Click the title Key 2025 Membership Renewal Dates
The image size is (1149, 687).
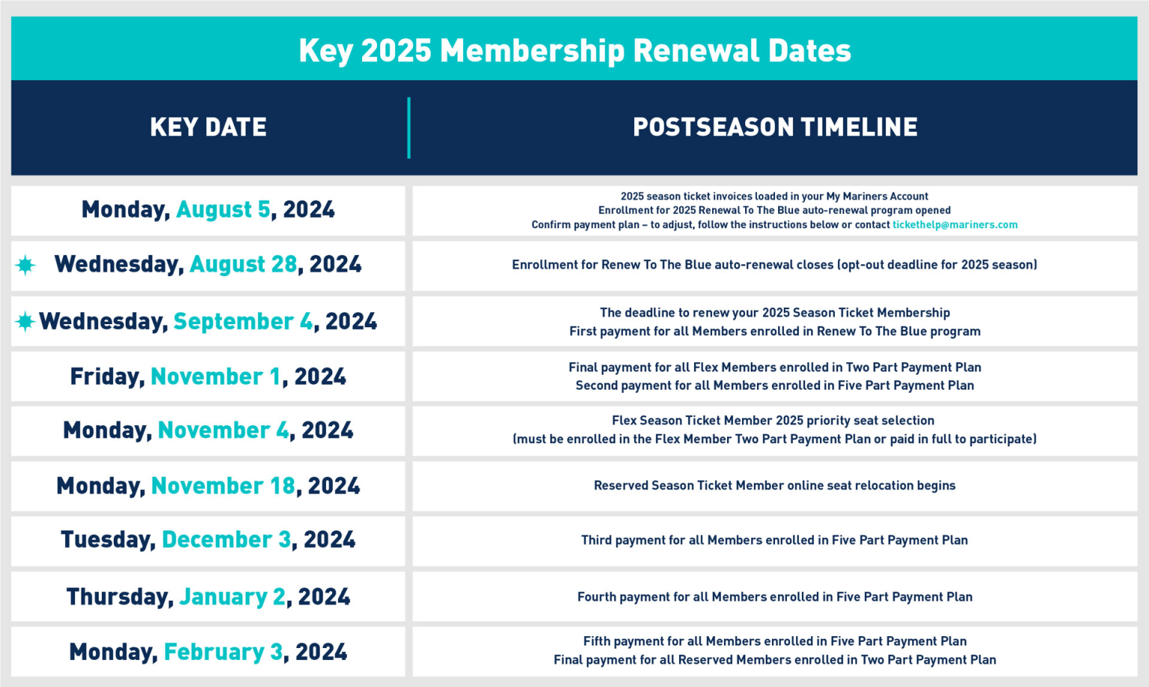[x=574, y=51]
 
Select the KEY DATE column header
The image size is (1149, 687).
[x=208, y=127]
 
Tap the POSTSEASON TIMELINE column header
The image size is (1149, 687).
[x=775, y=127]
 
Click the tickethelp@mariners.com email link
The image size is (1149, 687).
[x=955, y=225]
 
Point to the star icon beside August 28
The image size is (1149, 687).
[x=25, y=265]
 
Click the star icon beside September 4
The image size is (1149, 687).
[x=25, y=322]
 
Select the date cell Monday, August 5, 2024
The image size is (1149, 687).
[x=208, y=210]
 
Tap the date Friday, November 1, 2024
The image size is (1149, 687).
[x=208, y=376]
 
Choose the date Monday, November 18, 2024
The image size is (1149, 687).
[x=208, y=486]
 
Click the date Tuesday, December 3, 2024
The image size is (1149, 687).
[x=208, y=540]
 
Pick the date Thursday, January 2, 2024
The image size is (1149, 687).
[x=208, y=596]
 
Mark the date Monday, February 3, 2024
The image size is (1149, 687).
[x=208, y=652]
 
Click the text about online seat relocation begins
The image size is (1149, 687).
[x=774, y=486]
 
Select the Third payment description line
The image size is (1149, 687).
[x=774, y=540]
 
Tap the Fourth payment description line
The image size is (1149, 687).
[x=774, y=597]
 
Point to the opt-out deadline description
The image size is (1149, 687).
[x=774, y=265]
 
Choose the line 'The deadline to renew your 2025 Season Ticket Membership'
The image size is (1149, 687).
[x=774, y=313]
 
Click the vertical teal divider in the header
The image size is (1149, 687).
[x=408, y=127]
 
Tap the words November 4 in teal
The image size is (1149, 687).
[x=223, y=430]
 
